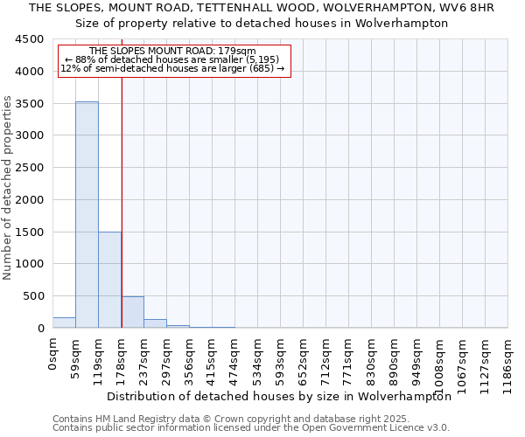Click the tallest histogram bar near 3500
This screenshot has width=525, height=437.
pyautogui.click(x=87, y=214)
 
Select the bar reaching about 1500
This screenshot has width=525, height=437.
pyautogui.click(x=109, y=280)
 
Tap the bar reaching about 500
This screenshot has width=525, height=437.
pyautogui.click(x=132, y=312)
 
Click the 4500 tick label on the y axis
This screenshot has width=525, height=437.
pyautogui.click(x=29, y=39)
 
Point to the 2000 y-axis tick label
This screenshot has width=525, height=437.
pyautogui.click(x=29, y=200)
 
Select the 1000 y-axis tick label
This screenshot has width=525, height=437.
pyautogui.click(x=29, y=264)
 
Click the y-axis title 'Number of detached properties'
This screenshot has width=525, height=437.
pyautogui.click(x=9, y=188)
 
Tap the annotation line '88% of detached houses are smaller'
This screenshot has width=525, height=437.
pyautogui.click(x=172, y=59)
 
